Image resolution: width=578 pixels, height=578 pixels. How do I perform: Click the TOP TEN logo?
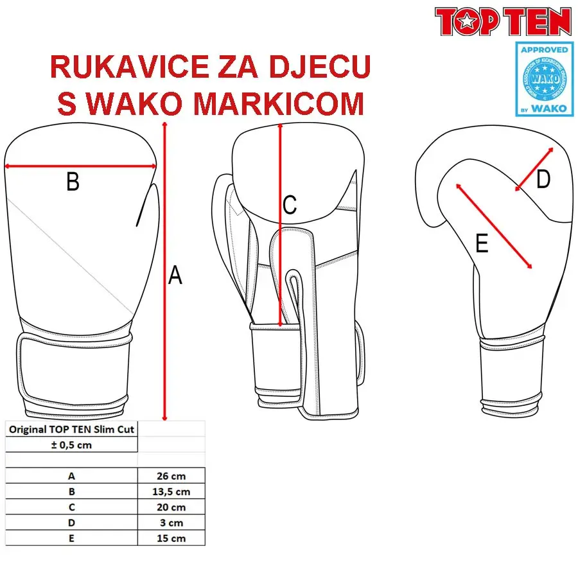504,21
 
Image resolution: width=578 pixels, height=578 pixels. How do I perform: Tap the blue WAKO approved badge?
543,78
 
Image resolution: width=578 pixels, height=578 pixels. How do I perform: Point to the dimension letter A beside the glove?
175,276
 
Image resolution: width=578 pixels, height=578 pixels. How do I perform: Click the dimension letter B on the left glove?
73,182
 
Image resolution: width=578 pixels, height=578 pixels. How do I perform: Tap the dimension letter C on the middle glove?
290,206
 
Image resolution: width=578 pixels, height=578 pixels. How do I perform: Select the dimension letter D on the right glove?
543,180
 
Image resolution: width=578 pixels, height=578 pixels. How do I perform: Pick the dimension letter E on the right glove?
482,244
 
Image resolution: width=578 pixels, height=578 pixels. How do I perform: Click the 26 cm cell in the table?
171,476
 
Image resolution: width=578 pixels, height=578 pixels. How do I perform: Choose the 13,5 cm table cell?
171,492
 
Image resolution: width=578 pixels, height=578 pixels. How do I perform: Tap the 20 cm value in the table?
171,507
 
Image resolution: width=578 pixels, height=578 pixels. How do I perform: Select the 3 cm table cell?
171,523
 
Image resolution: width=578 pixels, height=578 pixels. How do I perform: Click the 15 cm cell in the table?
171,538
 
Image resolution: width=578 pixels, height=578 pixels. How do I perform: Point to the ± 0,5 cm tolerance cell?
71,445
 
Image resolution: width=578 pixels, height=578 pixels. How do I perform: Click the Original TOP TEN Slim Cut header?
71,429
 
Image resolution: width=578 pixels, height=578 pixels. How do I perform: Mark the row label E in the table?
71,538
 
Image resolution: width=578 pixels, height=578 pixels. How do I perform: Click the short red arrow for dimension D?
534,168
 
